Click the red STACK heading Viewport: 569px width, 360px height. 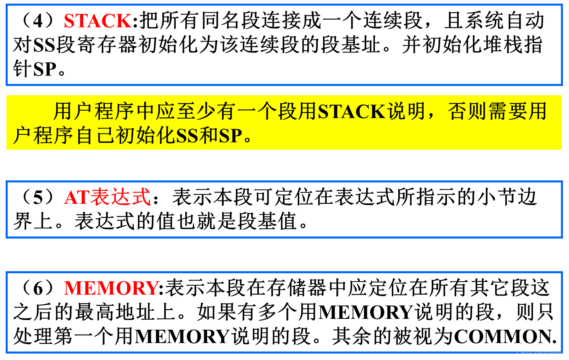(x=98, y=21)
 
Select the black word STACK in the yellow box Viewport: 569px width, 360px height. (x=352, y=112)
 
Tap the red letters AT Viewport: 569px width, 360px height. (x=76, y=198)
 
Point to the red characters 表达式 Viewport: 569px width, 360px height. (x=120, y=197)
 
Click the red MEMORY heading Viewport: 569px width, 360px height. (x=112, y=288)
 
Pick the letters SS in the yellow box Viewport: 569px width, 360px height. (x=187, y=136)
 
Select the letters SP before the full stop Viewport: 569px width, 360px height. (x=231, y=136)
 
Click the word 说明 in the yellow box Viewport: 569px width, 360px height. (x=406, y=112)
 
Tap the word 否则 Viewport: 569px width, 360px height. (x=467, y=112)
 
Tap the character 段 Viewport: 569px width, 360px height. (x=288, y=112)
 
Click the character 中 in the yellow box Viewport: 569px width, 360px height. (x=146, y=112)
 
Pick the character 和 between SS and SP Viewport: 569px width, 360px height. (x=209, y=136)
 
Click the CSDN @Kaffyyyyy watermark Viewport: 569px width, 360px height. (x=539, y=353)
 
